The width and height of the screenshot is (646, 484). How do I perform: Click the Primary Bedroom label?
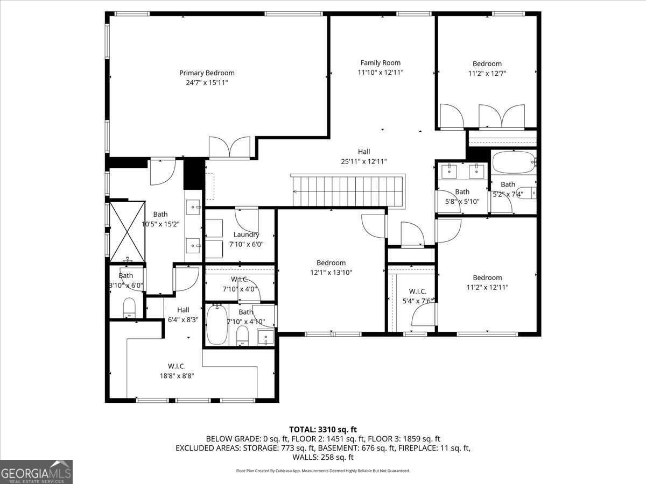(207, 73)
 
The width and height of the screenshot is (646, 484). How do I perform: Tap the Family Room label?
(380, 63)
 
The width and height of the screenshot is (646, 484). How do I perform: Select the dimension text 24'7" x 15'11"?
(207, 83)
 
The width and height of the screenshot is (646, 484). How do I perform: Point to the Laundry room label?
(246, 234)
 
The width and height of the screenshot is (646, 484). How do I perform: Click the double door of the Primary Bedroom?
(229, 147)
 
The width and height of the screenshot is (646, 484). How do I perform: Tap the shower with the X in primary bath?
(128, 231)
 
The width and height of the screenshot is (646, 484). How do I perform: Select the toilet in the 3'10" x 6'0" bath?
(129, 308)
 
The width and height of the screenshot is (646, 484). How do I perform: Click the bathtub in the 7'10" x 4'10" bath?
(217, 325)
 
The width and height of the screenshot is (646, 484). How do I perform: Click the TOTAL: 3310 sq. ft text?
(322, 429)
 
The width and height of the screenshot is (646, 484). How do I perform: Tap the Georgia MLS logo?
(36, 472)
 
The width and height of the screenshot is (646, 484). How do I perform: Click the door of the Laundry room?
(247, 219)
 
